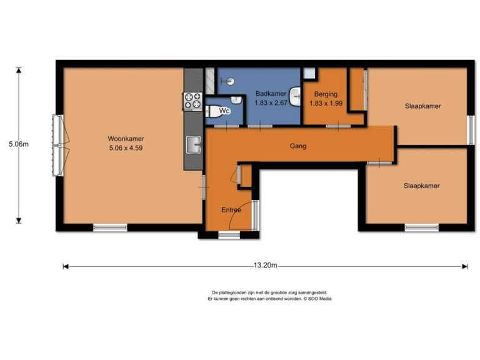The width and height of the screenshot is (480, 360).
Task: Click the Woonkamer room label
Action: (126, 139)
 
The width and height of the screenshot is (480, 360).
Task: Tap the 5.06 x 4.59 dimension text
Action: (126, 148)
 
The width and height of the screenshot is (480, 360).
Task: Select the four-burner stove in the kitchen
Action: (193, 101)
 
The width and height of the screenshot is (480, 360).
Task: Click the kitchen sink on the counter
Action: (194, 144)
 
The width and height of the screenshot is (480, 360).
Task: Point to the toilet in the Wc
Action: (214, 112)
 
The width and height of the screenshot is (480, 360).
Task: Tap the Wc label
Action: (224, 111)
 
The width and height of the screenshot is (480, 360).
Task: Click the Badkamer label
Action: (271, 94)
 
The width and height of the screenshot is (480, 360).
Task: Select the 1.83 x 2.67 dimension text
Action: (271, 103)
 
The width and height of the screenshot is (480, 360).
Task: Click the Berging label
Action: (326, 94)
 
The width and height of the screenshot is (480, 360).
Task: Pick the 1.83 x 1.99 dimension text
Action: (326, 104)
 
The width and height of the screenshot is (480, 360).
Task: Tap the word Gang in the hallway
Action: (298, 146)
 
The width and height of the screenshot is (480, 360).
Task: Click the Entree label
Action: (231, 210)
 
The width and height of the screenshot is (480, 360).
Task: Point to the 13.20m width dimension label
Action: (265, 266)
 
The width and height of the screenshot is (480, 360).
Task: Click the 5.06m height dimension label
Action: (19, 144)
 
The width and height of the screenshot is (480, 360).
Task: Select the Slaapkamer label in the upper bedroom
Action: (422, 106)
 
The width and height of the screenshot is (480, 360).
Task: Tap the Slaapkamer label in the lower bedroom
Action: (421, 186)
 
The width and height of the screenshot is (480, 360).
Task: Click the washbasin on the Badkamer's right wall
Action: (296, 96)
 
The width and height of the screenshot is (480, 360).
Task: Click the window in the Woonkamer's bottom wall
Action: (110, 227)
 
